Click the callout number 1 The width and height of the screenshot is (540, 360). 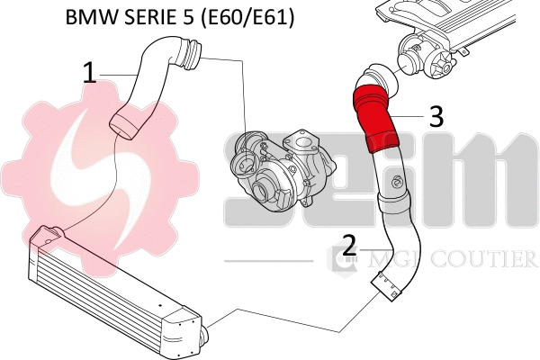click(89, 73)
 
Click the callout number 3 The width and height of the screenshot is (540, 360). click(435, 115)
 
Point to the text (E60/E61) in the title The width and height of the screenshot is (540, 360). click(246, 17)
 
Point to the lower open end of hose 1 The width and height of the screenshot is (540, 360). click(122, 122)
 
